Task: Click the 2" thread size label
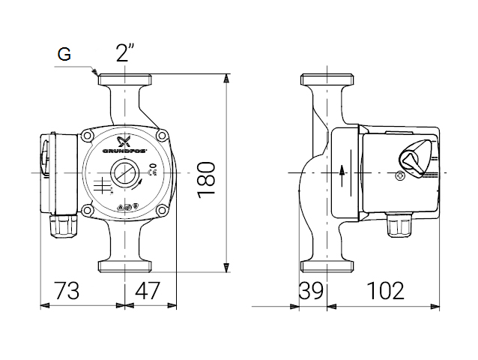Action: click(125, 53)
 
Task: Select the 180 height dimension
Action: click(207, 178)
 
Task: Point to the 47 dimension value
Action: click(148, 290)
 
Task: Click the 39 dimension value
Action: click(310, 290)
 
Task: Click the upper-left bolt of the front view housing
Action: click(89, 136)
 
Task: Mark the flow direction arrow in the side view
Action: click(342, 173)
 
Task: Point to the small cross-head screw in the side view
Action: click(399, 178)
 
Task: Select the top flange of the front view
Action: click(125, 79)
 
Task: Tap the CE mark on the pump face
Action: click(151, 172)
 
